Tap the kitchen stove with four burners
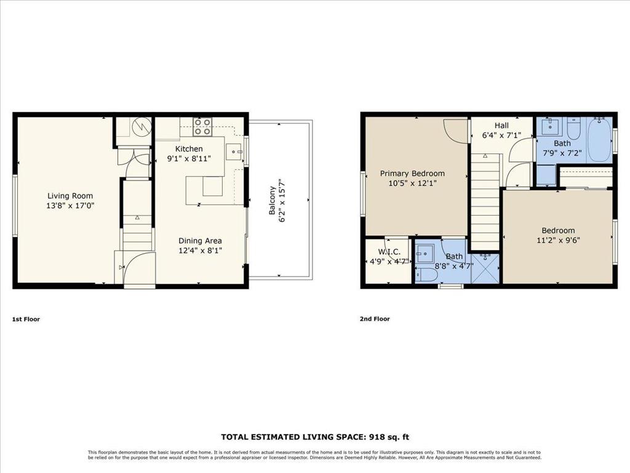(x=203, y=127)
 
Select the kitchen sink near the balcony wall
(x=234, y=150)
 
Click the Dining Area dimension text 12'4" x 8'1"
(x=200, y=251)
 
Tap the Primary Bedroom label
(x=412, y=173)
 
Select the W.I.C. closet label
(x=389, y=251)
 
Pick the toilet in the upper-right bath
(x=573, y=129)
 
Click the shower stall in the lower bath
(x=485, y=269)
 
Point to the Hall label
(x=501, y=125)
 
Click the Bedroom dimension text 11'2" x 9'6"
(x=558, y=241)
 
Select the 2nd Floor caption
(x=375, y=319)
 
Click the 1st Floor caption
(x=26, y=319)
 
